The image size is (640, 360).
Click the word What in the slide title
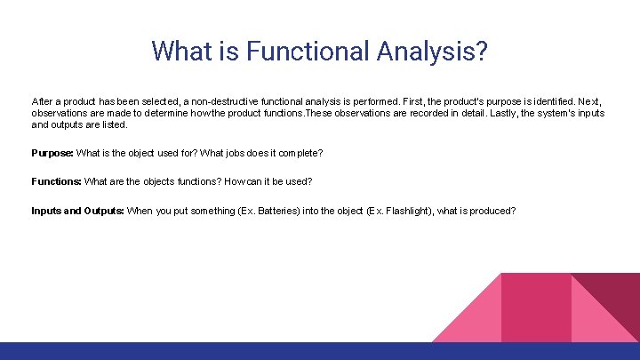click(182, 51)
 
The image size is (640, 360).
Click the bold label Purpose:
click(52, 153)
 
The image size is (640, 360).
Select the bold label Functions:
click(56, 181)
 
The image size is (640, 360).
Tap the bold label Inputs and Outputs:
click(77, 211)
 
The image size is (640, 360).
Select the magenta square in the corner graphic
click(536, 307)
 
